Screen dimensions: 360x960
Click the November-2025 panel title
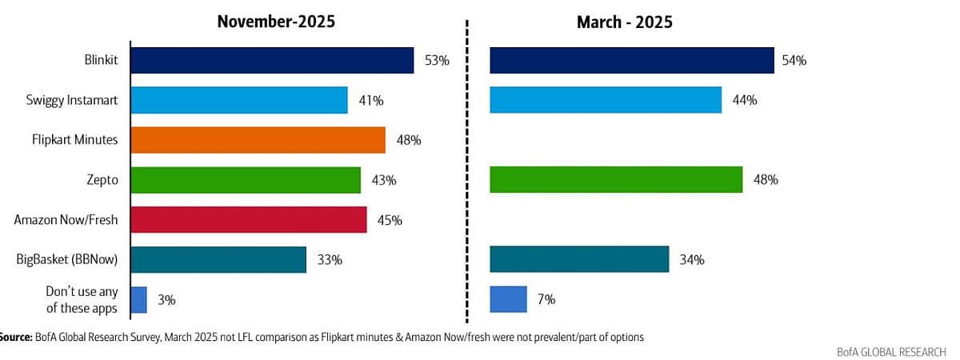tap(276, 22)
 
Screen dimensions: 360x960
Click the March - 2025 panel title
tap(624, 22)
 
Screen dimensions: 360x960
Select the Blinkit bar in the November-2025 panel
tap(272, 60)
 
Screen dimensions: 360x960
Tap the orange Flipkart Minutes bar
tap(258, 140)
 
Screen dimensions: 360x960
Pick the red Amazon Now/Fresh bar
tap(248, 220)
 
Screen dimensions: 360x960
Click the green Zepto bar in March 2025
tap(616, 180)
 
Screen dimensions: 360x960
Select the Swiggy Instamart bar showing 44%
tap(606, 100)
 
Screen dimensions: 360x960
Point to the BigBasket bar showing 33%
tap(218, 259)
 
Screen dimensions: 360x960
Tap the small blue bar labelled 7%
tap(508, 299)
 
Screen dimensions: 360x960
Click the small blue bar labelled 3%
tap(138, 300)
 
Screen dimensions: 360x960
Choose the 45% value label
tap(390, 220)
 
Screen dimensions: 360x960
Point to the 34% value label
tap(692, 260)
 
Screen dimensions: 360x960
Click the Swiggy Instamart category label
tap(72, 100)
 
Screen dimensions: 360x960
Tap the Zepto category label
tap(103, 180)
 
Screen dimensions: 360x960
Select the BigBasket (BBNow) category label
tap(67, 259)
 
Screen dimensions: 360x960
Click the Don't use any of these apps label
tap(78, 300)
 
